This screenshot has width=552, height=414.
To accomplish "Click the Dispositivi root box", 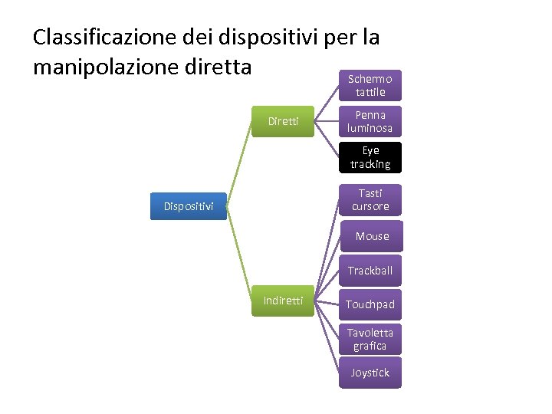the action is [188, 205].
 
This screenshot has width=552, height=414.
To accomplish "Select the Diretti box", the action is [283, 121].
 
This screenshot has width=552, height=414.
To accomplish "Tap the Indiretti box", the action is [283, 301].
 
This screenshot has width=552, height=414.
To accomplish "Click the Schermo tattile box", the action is [370, 86].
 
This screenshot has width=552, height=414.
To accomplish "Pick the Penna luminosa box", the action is [370, 121].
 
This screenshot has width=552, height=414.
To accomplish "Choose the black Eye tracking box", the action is [370, 157].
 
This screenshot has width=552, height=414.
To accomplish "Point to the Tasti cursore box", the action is [370, 200].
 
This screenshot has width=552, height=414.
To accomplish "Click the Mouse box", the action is [371, 236].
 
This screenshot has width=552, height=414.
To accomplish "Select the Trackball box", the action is [370, 271].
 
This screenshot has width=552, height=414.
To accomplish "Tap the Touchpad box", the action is [370, 304].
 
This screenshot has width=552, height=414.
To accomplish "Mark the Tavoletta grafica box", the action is [370, 339].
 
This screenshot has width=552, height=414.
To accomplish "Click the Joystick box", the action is [370, 373].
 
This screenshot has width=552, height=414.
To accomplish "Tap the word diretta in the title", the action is [219, 67].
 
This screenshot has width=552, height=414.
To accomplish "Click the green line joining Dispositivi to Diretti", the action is [239, 163].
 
